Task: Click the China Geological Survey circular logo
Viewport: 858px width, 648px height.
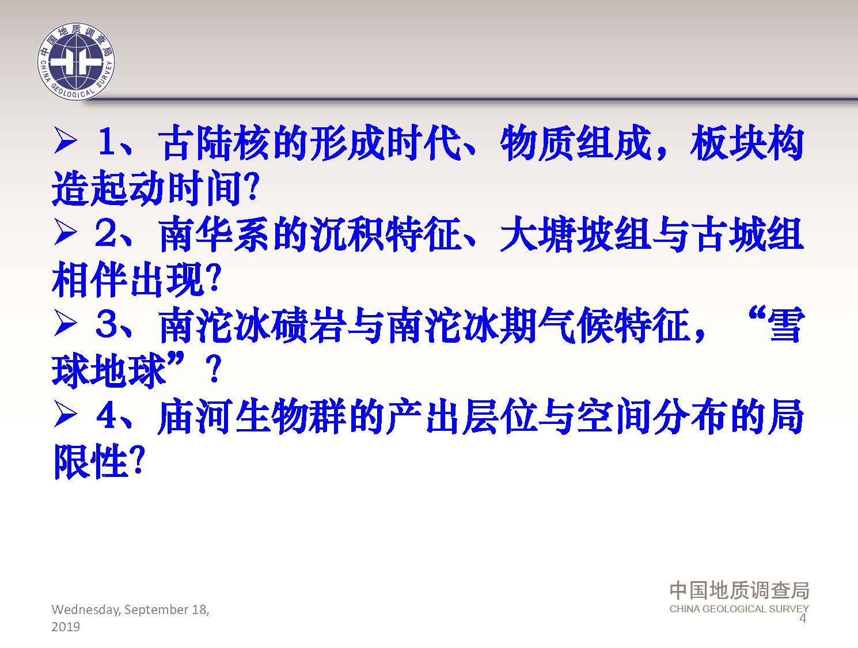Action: pyautogui.click(x=76, y=61)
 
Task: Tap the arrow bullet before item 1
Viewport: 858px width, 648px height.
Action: pyautogui.click(x=65, y=140)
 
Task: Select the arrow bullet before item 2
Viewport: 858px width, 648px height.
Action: pyautogui.click(x=65, y=232)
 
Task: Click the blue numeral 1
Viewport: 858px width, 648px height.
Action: pyautogui.click(x=109, y=140)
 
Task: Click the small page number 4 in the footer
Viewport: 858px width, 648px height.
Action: pyautogui.click(x=803, y=618)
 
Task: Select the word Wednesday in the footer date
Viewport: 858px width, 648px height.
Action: pyautogui.click(x=86, y=610)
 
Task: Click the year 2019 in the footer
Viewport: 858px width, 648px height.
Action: pyautogui.click(x=66, y=627)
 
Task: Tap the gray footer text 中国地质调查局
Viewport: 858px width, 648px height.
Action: pyautogui.click(x=739, y=590)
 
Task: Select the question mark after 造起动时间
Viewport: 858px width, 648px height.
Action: pyautogui.click(x=253, y=187)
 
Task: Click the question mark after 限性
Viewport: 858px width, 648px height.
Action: pyautogui.click(x=138, y=461)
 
